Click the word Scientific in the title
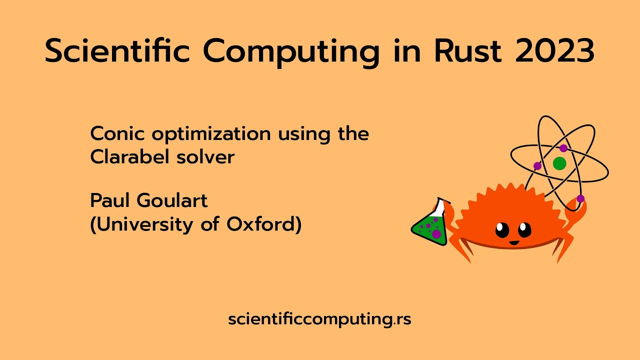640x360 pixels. pyautogui.click(x=117, y=50)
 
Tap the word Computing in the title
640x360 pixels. pyautogui.click(x=291, y=53)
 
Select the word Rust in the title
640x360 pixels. pyautogui.click(x=467, y=51)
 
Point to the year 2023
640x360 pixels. pyautogui.click(x=555, y=51)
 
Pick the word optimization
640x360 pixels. pyautogui.click(x=211, y=134)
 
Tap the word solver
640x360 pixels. pyautogui.click(x=205, y=157)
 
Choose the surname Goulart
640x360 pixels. pyautogui.click(x=172, y=200)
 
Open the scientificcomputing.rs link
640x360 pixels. pyautogui.click(x=319, y=319)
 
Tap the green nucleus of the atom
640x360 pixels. pyautogui.click(x=559, y=163)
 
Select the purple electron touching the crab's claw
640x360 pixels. pyautogui.click(x=580, y=198)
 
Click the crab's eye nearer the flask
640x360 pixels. pyautogui.click(x=502, y=229)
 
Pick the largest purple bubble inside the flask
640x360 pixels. pyautogui.click(x=436, y=234)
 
